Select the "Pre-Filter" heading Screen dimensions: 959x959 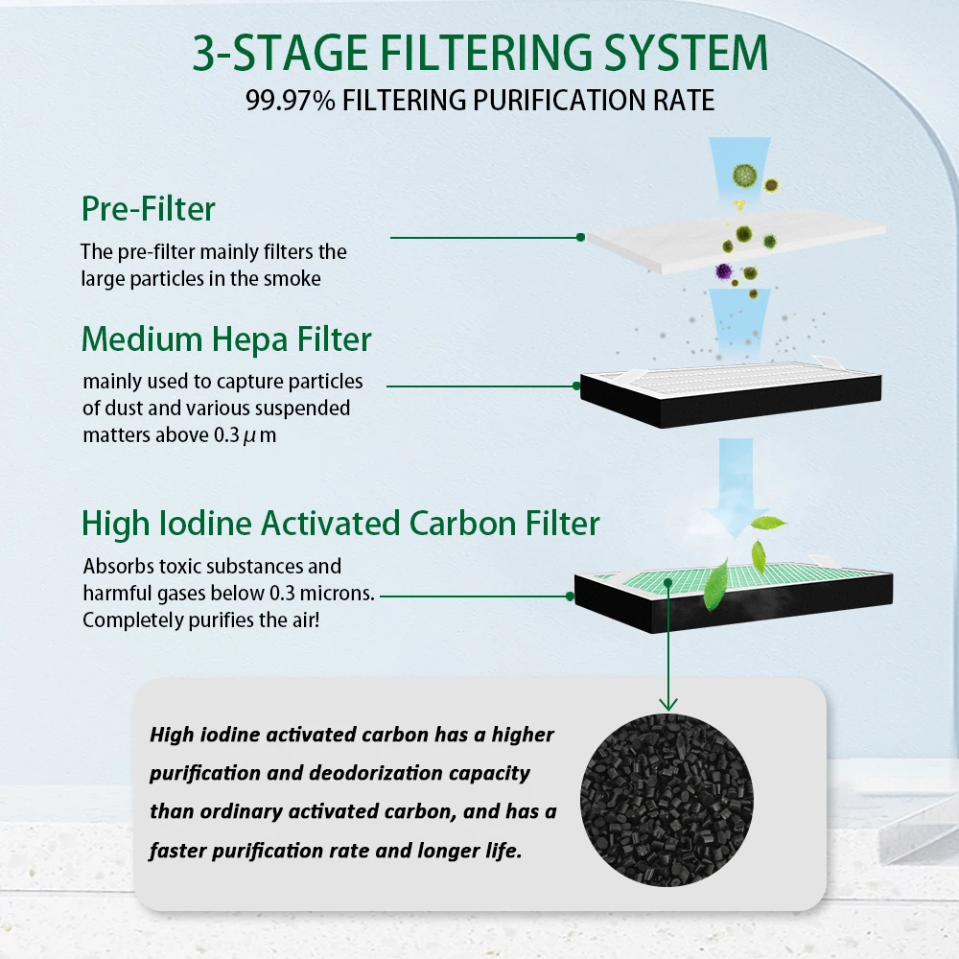[149, 208]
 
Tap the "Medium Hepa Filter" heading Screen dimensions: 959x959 [226, 339]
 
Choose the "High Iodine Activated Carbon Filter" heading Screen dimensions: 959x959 [340, 523]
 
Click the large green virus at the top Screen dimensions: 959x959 [743, 175]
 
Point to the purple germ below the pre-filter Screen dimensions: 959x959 [723, 272]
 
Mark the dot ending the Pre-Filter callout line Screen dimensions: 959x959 [580, 237]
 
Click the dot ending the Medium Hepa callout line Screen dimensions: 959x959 [576, 386]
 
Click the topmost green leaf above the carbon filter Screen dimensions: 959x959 [769, 524]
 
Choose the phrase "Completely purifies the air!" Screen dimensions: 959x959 [200, 620]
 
